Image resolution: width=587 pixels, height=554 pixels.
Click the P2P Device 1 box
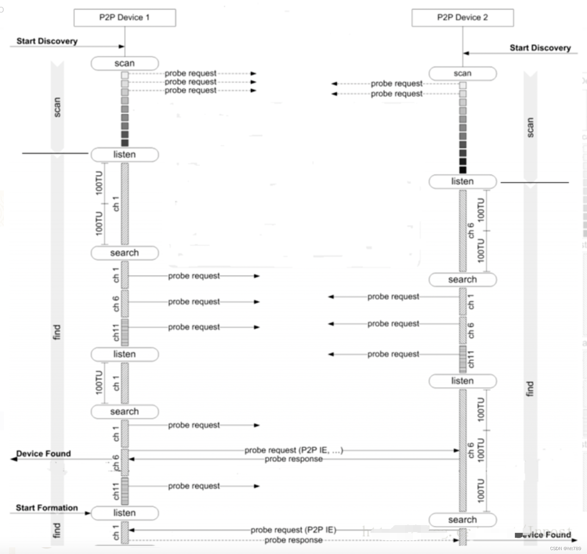(x=125, y=18)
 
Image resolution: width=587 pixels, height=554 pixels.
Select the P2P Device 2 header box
(x=462, y=18)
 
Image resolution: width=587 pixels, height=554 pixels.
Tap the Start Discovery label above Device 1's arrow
(x=47, y=41)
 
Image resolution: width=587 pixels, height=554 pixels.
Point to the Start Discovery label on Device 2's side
(x=540, y=48)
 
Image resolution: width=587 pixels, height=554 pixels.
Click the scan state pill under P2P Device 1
(x=125, y=63)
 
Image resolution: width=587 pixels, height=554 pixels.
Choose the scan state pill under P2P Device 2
(x=462, y=73)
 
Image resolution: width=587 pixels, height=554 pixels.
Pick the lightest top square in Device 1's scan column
(x=125, y=74)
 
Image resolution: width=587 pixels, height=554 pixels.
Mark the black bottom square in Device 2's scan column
(x=463, y=170)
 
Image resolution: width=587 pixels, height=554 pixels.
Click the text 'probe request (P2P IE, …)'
(x=293, y=450)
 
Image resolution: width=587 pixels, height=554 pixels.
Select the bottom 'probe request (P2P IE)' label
(x=293, y=530)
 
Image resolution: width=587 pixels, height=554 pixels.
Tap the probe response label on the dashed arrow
(x=293, y=540)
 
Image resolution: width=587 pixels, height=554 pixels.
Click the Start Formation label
(x=47, y=508)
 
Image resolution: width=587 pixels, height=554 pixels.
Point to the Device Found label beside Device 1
(x=43, y=454)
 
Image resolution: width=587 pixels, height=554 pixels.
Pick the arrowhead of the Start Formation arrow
(x=88, y=513)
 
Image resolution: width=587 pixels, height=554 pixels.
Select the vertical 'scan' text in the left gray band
(x=57, y=107)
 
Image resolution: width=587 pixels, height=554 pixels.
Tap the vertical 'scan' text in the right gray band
(x=530, y=128)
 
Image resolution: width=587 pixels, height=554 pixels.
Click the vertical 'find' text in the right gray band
(x=530, y=389)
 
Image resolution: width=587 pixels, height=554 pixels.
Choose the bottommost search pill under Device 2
(x=462, y=520)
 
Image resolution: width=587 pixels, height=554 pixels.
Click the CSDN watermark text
(x=565, y=549)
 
